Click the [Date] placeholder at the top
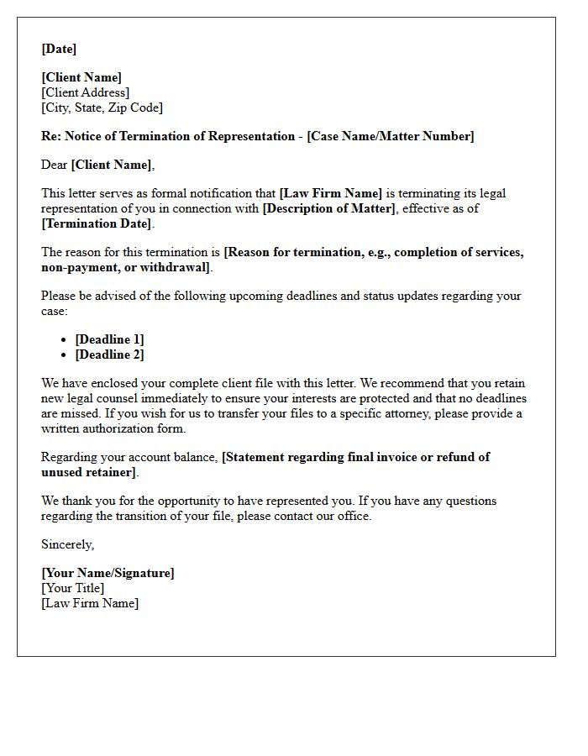[59, 49]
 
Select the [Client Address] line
[86, 92]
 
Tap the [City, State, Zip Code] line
[102, 108]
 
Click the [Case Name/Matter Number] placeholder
[391, 136]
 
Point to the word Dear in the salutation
[55, 165]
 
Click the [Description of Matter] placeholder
[328, 208]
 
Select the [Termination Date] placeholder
[97, 223]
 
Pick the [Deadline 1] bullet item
[109, 339]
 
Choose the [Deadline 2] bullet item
[109, 354]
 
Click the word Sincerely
[68, 544]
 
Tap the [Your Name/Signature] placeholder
[108, 573]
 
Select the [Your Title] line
[73, 588]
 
